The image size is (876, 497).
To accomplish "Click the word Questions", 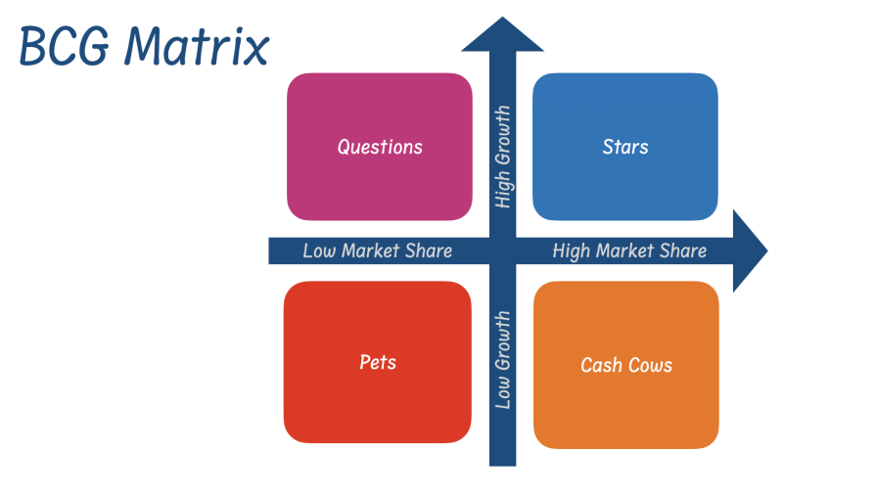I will (380, 147).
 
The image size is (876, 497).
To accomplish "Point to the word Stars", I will (625, 147).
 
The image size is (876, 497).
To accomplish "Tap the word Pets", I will (378, 362).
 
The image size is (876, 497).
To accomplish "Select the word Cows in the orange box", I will (650, 365).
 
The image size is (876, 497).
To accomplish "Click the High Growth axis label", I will (503, 158).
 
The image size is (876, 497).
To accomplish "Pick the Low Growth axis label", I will (503, 359).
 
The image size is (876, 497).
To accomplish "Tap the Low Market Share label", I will (377, 250).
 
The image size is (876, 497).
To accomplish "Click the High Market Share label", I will (628, 250).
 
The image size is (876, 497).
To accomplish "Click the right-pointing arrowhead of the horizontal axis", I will (748, 250).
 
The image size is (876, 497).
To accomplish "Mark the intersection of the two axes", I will (502, 250).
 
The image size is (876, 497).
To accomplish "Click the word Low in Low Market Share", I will (319, 250).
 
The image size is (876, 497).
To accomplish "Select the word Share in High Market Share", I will (682, 250).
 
